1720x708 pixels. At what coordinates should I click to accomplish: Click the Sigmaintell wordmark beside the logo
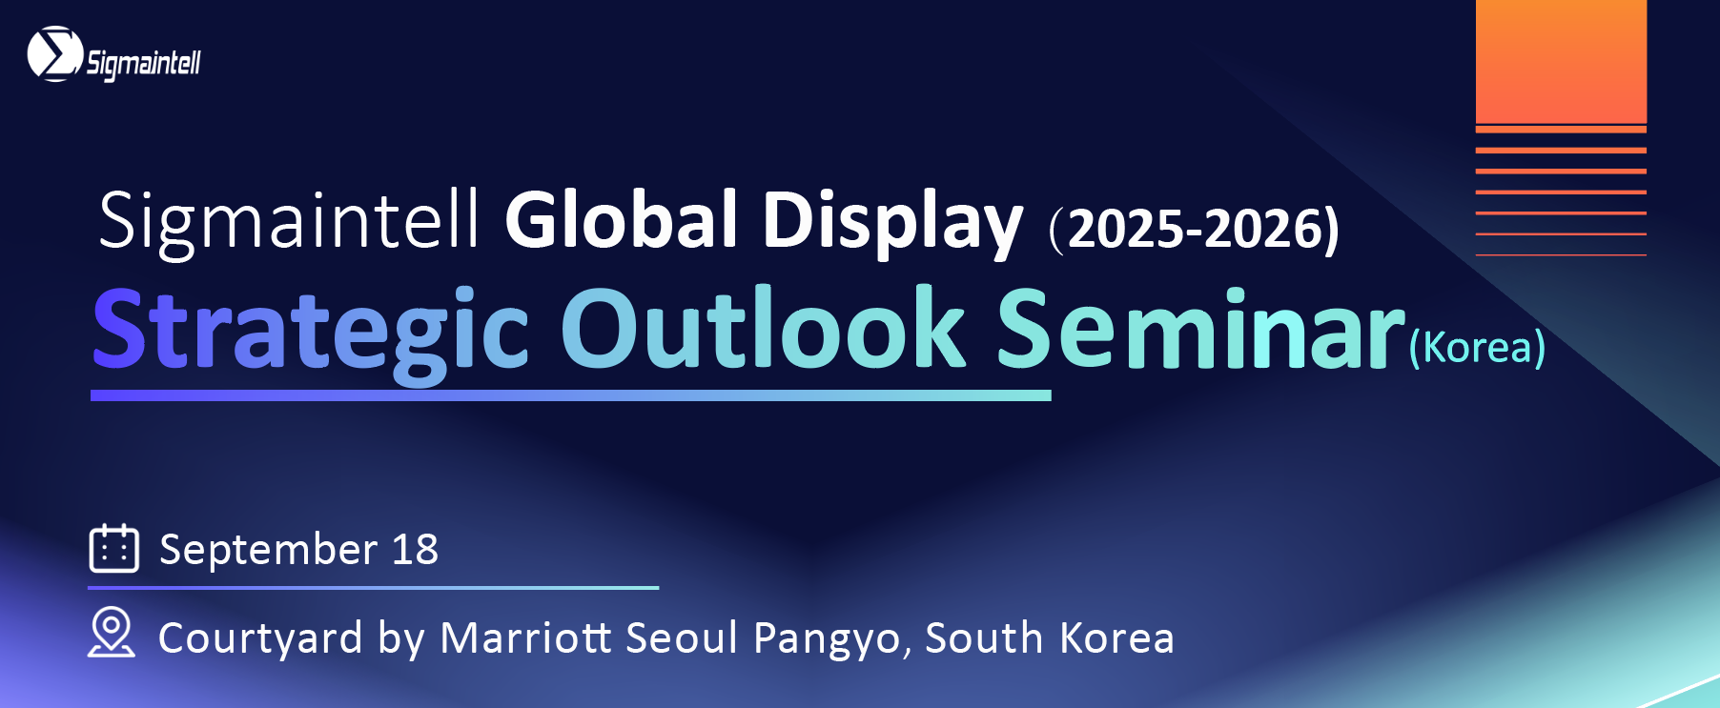pyautogui.click(x=144, y=64)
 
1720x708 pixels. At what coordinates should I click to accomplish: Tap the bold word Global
pyautogui.click(x=622, y=219)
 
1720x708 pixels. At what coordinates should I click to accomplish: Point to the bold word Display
pyautogui.click(x=892, y=223)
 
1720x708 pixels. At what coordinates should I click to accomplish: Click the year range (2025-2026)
pyautogui.click(x=1194, y=229)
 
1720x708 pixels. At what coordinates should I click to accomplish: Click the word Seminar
pyautogui.click(x=1201, y=329)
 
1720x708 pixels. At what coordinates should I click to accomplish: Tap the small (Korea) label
pyautogui.click(x=1477, y=347)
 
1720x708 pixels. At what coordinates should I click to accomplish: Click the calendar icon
pyautogui.click(x=114, y=548)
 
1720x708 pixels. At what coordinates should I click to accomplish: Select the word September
pyautogui.click(x=269, y=551)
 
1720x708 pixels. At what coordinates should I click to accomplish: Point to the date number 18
pyautogui.click(x=416, y=549)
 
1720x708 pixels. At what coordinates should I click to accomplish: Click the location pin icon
pyautogui.click(x=112, y=633)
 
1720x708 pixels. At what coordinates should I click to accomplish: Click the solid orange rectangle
pyautogui.click(x=1561, y=61)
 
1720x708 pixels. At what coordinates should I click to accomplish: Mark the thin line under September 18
pyautogui.click(x=374, y=588)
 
